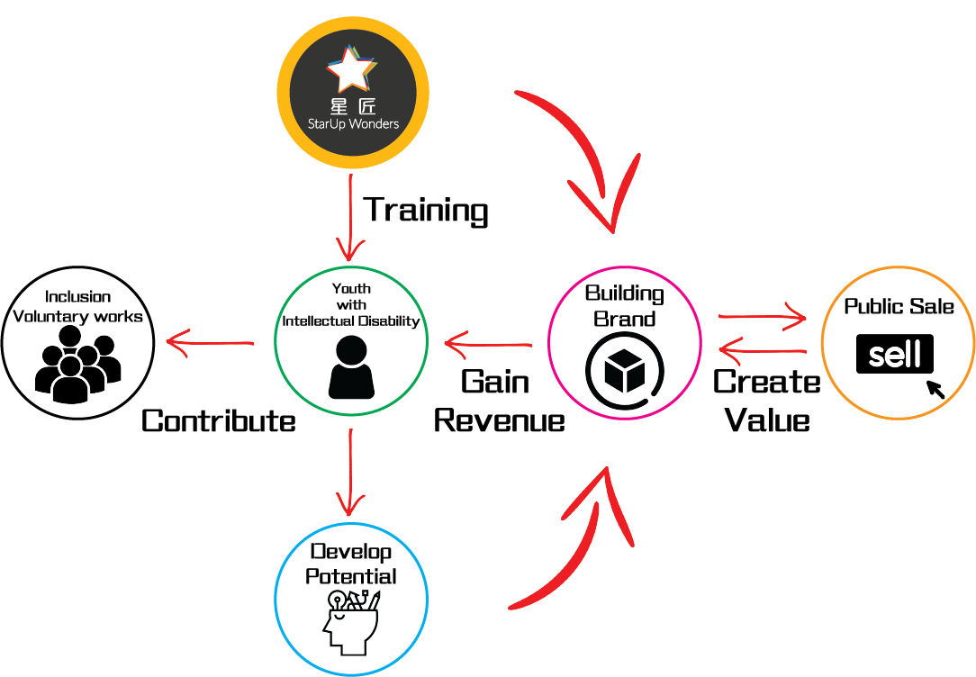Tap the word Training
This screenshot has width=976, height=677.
[x=426, y=210]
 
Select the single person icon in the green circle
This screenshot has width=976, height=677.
[x=350, y=367]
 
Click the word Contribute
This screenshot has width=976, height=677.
[x=219, y=420]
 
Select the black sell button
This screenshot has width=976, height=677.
[x=894, y=355]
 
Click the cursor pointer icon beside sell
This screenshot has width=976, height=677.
[x=935, y=389]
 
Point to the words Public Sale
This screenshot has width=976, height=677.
[x=899, y=307]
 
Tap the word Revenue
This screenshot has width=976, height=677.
[x=499, y=420]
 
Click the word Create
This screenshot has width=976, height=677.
[x=766, y=383]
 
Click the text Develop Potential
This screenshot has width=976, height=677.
[x=351, y=564]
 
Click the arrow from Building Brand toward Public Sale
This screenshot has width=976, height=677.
[x=762, y=317]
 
